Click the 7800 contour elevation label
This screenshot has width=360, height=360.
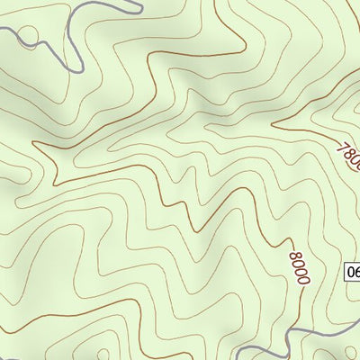347,154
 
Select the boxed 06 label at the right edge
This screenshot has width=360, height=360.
352,273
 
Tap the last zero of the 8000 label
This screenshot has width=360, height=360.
301,280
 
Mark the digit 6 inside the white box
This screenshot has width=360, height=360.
356,273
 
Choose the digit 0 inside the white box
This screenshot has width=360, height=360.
350,273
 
